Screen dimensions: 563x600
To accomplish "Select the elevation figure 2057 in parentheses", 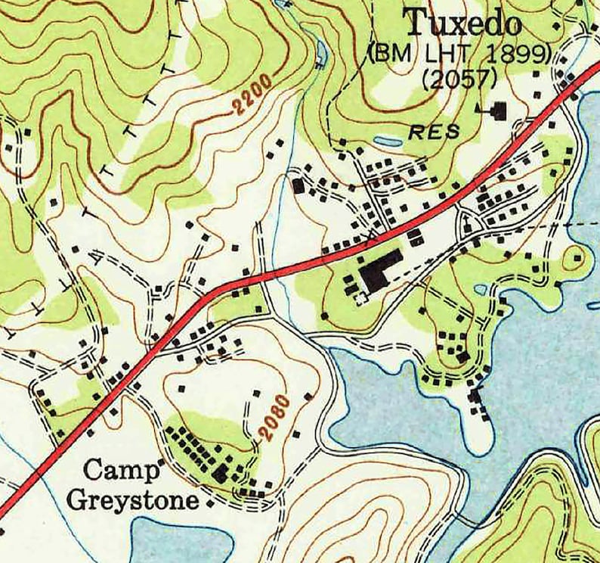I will (x=459, y=79).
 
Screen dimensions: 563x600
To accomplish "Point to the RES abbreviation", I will (x=434, y=132).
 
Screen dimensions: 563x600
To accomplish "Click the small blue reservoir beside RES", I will (x=388, y=141).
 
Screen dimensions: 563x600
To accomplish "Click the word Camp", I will (x=122, y=470).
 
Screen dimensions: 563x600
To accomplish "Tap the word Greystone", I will (x=133, y=500).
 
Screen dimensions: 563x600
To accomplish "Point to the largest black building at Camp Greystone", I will (x=221, y=474).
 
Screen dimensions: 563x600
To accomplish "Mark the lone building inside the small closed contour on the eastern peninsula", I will (x=577, y=257).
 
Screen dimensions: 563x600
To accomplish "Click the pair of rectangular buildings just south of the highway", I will (x=415, y=237).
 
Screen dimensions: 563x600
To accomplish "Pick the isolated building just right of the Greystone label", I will (x=209, y=502).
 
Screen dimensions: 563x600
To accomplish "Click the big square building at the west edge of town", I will (x=298, y=185).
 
